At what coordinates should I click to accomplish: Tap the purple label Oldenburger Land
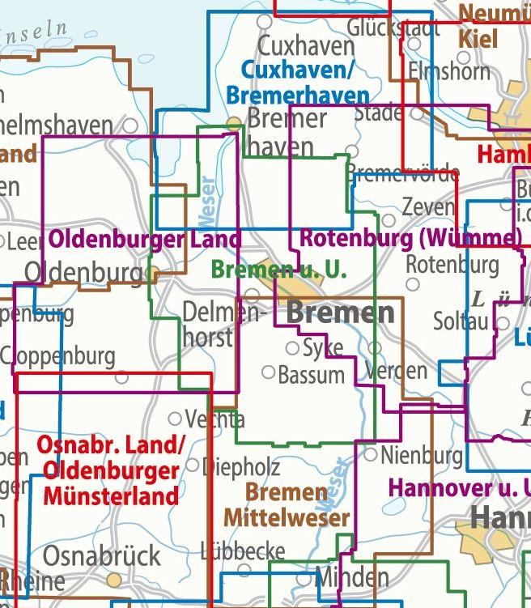click(x=145, y=240)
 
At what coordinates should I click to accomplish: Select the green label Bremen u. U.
click(x=278, y=270)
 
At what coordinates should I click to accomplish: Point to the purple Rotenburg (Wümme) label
click(x=410, y=239)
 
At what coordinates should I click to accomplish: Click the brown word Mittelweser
click(x=287, y=517)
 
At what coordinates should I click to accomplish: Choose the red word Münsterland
click(x=111, y=495)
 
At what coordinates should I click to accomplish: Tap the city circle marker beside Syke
click(x=292, y=348)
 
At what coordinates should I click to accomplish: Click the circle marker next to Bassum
click(x=268, y=372)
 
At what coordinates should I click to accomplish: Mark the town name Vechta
click(x=215, y=419)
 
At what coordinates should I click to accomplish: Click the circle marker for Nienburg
click(x=371, y=455)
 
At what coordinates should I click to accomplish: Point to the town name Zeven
click(x=428, y=207)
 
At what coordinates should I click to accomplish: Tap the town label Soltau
click(x=461, y=321)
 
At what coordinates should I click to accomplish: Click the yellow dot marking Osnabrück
click(x=116, y=580)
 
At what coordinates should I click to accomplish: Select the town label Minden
click(x=350, y=578)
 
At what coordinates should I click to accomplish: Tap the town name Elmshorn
click(x=449, y=71)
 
